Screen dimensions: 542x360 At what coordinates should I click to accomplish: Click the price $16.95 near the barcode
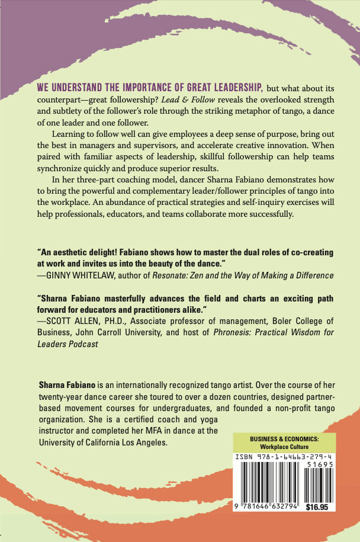click(x=319, y=507)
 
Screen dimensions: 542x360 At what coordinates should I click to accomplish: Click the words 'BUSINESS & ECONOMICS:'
click(x=284, y=438)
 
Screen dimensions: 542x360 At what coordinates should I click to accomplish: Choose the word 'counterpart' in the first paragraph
click(x=62, y=98)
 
